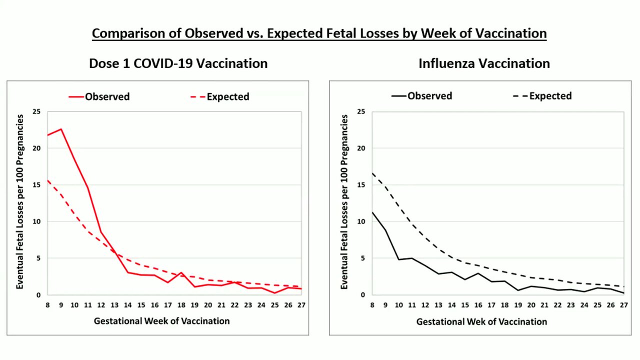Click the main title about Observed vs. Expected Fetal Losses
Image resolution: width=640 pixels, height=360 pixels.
click(319, 33)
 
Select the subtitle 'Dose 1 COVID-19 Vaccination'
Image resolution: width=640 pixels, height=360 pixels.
click(178, 63)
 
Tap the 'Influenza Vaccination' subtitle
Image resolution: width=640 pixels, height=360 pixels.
click(484, 63)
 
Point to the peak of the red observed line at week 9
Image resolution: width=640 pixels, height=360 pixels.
click(61, 129)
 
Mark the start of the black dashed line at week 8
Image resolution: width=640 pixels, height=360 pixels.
click(372, 173)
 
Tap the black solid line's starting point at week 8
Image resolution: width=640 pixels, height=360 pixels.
click(372, 212)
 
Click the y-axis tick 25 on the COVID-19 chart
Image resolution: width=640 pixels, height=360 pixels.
click(36, 111)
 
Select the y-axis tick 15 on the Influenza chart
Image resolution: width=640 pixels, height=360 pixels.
click(361, 185)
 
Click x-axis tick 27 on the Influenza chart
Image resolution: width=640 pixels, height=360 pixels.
click(623, 305)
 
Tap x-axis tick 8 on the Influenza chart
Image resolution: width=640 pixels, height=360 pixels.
click(372, 305)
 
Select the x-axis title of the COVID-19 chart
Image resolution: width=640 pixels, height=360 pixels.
click(161, 321)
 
